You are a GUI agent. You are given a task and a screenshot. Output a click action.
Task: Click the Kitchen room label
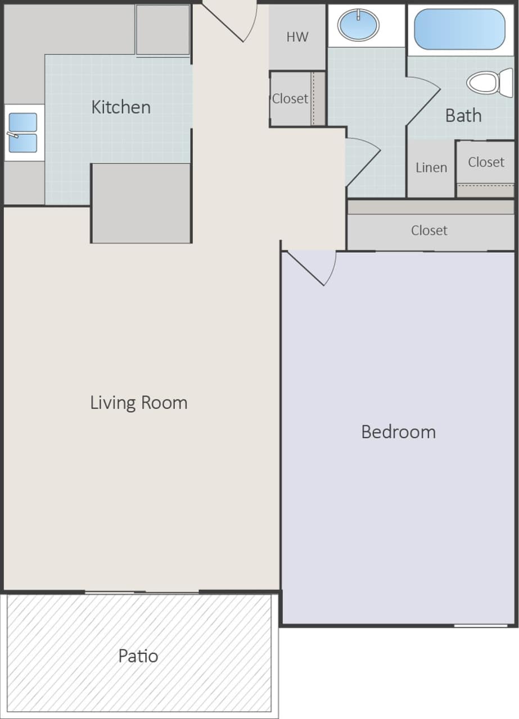pos(121,107)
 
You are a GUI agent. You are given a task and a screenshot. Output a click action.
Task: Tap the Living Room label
pos(139,403)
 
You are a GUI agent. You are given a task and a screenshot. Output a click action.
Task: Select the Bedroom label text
pos(398,431)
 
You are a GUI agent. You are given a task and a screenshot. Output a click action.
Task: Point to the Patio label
pos(138,656)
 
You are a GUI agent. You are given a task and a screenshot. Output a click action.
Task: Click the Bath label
pos(463,115)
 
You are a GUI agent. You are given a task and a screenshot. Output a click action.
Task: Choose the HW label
pos(297,37)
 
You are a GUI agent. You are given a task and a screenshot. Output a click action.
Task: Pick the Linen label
pos(431,167)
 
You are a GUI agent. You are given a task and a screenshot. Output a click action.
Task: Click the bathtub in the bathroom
pos(459,29)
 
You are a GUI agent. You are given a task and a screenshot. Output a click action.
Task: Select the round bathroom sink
pos(358,25)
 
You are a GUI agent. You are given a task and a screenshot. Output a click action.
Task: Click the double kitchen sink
pos(23,133)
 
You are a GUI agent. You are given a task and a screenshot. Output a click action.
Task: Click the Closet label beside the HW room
pos(290,98)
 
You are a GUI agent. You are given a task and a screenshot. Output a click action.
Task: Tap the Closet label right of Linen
pos(486,162)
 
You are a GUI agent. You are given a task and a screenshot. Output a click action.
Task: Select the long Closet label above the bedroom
pos(429,230)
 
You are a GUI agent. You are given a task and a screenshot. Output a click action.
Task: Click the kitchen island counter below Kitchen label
pos(141,203)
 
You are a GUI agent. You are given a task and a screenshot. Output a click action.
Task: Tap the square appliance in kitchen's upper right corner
pos(163,30)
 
